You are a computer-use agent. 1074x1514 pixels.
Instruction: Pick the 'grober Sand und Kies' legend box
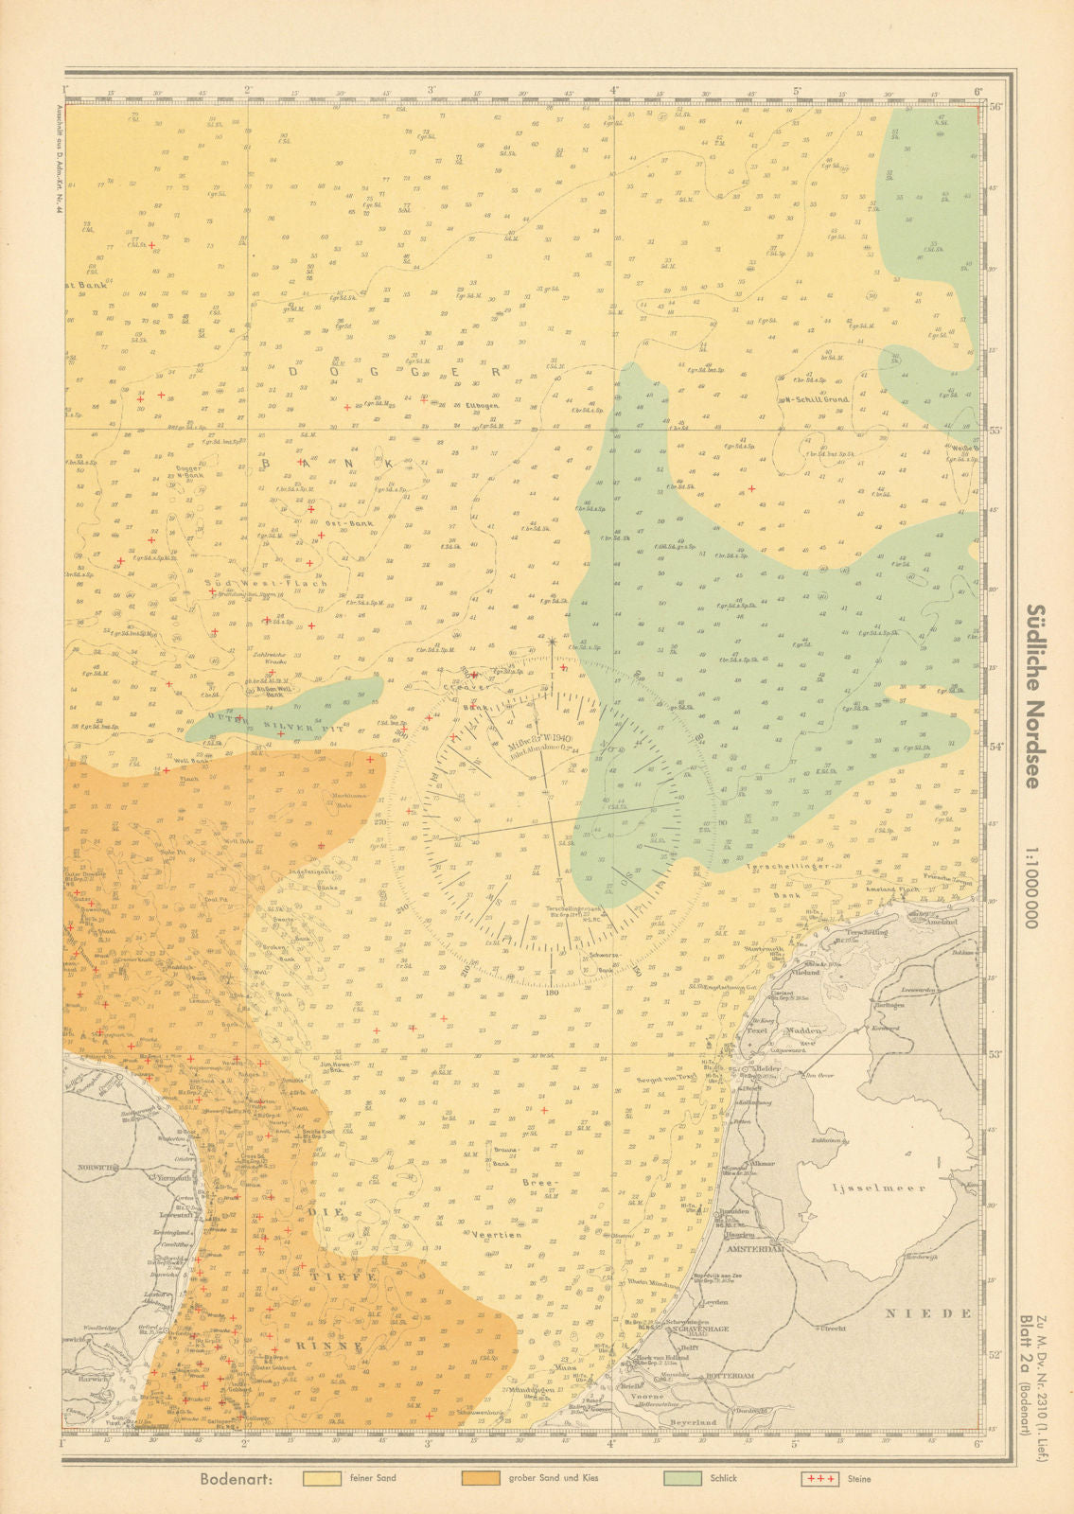point(486,1478)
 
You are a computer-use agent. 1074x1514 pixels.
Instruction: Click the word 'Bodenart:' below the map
point(237,1479)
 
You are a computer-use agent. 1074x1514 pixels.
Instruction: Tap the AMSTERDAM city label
point(759,1249)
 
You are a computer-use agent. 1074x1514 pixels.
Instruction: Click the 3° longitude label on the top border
point(431,91)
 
